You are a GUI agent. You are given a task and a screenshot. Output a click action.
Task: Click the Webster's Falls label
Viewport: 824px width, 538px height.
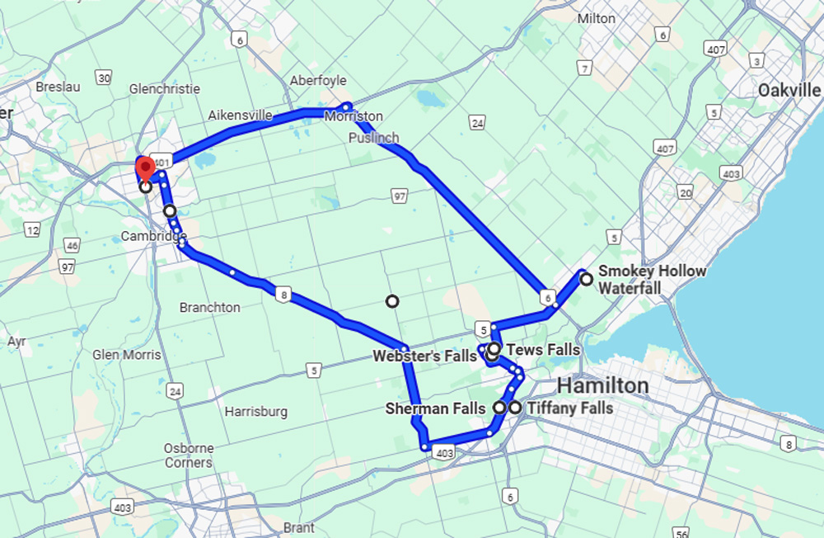(424, 356)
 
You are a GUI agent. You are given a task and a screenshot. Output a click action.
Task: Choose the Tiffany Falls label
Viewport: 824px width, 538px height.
(569, 408)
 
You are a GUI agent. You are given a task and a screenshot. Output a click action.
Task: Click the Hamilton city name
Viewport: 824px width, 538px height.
(602, 385)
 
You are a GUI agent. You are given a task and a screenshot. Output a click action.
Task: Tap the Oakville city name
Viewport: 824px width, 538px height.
(789, 90)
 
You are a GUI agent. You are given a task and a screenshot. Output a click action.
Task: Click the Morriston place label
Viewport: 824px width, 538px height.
(354, 116)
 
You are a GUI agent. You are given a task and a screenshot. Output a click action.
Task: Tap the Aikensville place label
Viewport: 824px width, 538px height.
(240, 116)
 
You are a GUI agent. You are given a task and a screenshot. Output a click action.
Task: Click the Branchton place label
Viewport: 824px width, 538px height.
(210, 307)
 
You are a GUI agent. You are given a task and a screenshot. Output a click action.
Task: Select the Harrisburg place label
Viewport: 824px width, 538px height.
(255, 411)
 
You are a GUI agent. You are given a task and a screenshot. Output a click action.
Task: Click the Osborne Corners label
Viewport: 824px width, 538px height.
(189, 455)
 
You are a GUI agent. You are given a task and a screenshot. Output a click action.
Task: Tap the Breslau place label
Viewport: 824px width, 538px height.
(56, 86)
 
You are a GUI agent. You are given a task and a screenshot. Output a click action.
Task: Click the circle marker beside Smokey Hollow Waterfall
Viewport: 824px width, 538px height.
(586, 279)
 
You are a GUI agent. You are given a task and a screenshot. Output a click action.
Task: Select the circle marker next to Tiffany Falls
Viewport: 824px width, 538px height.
(515, 408)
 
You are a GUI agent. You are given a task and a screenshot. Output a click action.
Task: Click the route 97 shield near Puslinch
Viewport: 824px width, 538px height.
(400, 195)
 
